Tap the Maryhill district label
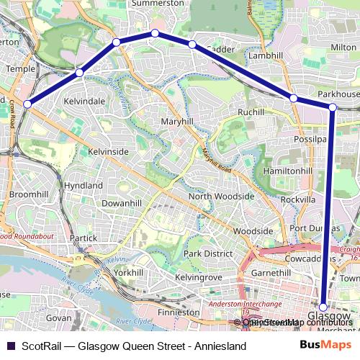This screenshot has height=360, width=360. [176, 122]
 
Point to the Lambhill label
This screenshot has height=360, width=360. [266, 55]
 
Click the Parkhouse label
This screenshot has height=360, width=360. [338, 94]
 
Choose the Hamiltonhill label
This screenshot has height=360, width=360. [288, 171]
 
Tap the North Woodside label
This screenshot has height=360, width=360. [221, 197]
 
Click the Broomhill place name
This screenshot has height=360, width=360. [28, 195]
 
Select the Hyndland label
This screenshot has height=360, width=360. [84, 185]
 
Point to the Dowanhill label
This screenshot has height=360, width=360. [120, 204]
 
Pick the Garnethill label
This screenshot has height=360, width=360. [271, 274]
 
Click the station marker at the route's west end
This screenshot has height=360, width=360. [27, 104]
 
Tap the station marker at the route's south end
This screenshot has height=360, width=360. [324, 307]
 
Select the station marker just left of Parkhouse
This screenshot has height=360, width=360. [294, 98]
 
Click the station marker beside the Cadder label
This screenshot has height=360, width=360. [192, 45]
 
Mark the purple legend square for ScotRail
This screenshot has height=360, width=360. [10, 346]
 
